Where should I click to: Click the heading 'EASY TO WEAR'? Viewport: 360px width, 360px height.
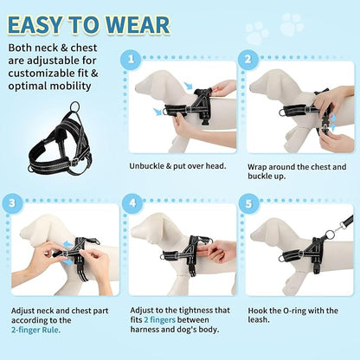pyautogui.click(x=91, y=22)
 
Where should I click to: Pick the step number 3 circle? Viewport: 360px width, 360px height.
pyautogui.click(x=12, y=203)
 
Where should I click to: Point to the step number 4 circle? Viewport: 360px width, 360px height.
pyautogui.click(x=132, y=203)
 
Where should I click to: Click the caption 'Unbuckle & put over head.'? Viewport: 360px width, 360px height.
pyautogui.click(x=177, y=165)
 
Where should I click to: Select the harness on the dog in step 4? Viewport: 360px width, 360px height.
pyautogui.click(x=187, y=251)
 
